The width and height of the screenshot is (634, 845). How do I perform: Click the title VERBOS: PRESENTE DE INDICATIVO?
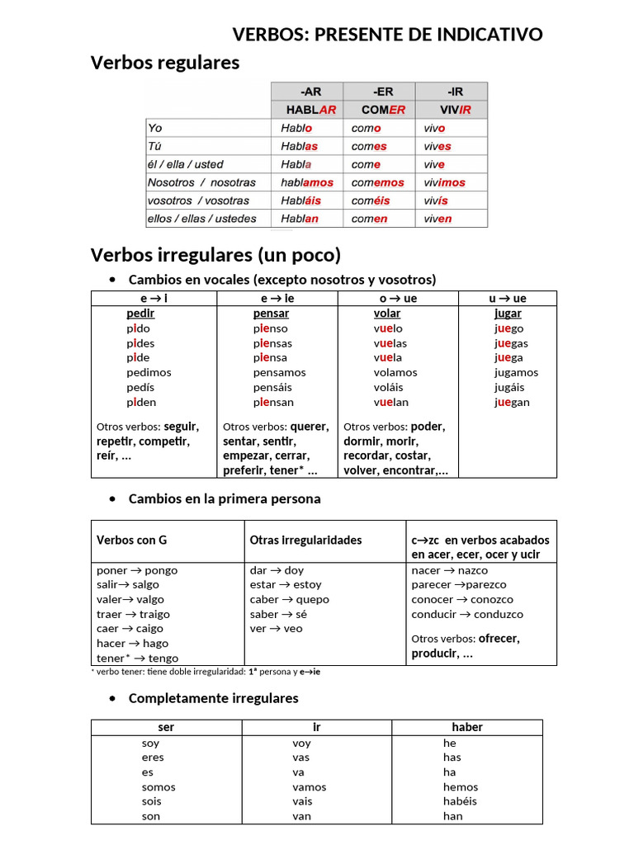[x=387, y=35]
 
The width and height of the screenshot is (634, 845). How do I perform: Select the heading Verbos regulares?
[x=164, y=63]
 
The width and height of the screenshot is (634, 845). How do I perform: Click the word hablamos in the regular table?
[x=307, y=182]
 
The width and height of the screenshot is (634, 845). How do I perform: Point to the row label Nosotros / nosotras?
[x=201, y=182]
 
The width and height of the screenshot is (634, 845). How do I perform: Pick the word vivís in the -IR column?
[x=436, y=201]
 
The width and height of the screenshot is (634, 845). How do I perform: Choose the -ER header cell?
[x=379, y=92]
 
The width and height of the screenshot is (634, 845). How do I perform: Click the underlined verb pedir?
[x=140, y=314]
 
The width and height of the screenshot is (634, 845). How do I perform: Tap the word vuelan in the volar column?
[x=390, y=402]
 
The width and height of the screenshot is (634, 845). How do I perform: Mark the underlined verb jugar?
[x=508, y=314]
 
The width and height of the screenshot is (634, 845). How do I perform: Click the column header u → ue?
[x=508, y=298]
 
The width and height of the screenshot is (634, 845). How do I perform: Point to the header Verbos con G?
[x=131, y=540]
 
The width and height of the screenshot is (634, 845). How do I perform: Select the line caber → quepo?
[x=289, y=599]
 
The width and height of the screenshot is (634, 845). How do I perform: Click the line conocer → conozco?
[x=461, y=599]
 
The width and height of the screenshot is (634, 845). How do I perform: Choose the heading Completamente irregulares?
[x=213, y=698]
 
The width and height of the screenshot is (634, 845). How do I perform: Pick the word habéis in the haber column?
[x=459, y=800]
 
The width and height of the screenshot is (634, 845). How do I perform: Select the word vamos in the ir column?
[x=309, y=786]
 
